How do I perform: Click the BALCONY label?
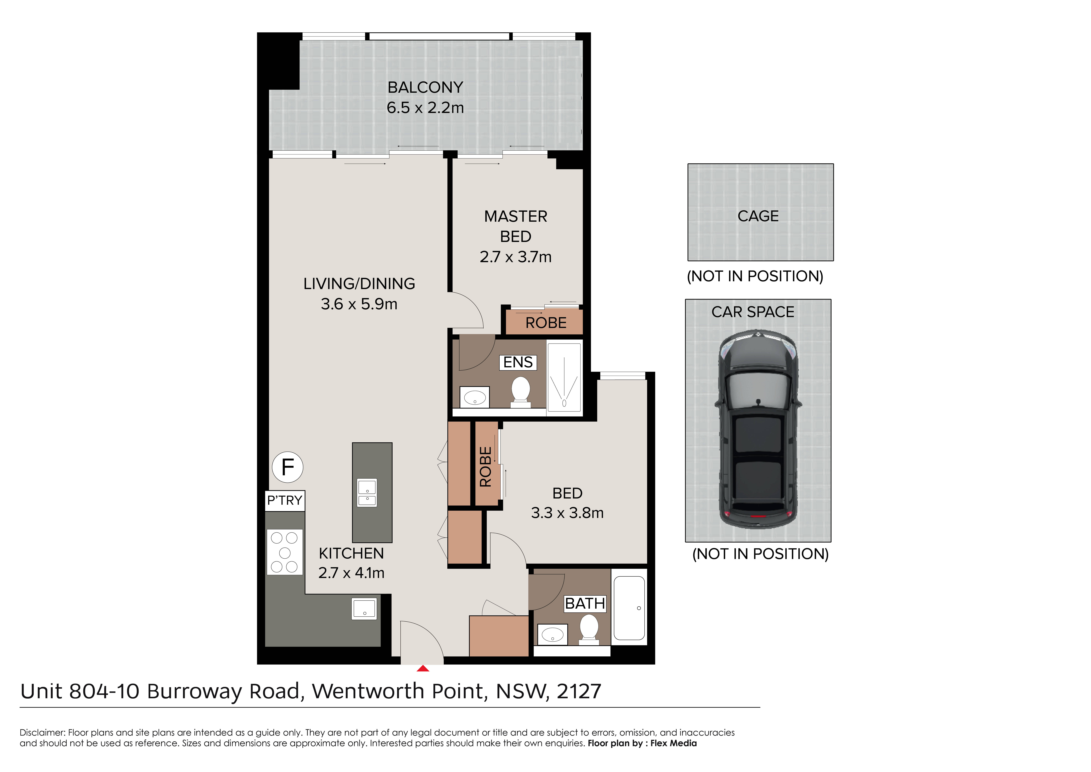coord(425,87)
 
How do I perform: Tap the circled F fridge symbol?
coord(287,467)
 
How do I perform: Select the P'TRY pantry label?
coord(285,501)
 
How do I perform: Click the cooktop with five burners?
coord(285,552)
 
